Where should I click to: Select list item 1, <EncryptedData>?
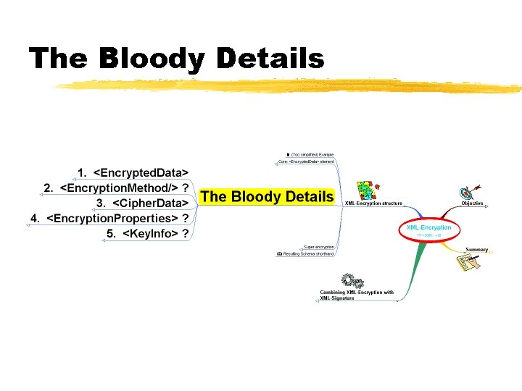point(133,172)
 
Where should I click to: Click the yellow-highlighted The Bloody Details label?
point(267,196)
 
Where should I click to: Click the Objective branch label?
point(472,203)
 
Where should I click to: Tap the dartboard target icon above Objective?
point(468,193)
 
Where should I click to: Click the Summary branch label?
point(476,250)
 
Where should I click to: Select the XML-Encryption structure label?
point(373,203)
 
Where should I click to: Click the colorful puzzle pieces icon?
point(368,190)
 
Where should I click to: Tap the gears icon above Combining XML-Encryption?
point(352,281)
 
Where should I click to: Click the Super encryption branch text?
point(319,247)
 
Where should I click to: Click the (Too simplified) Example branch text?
point(310,154)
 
